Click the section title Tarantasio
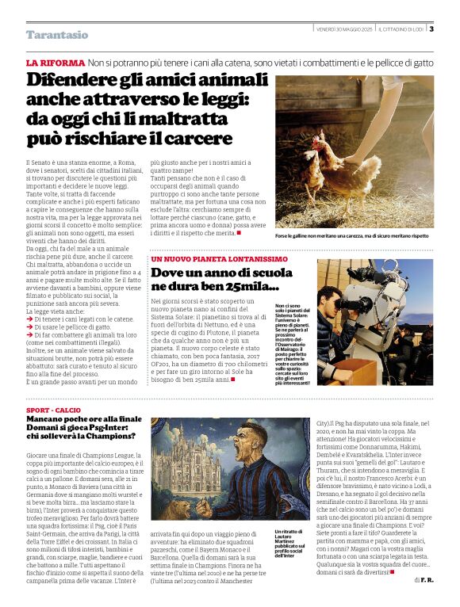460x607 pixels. [x=57, y=35]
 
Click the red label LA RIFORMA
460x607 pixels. [x=55, y=63]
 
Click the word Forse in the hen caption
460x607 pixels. [x=283, y=235]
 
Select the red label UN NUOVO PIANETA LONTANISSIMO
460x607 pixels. [x=220, y=259]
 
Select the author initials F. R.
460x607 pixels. [x=427, y=602]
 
